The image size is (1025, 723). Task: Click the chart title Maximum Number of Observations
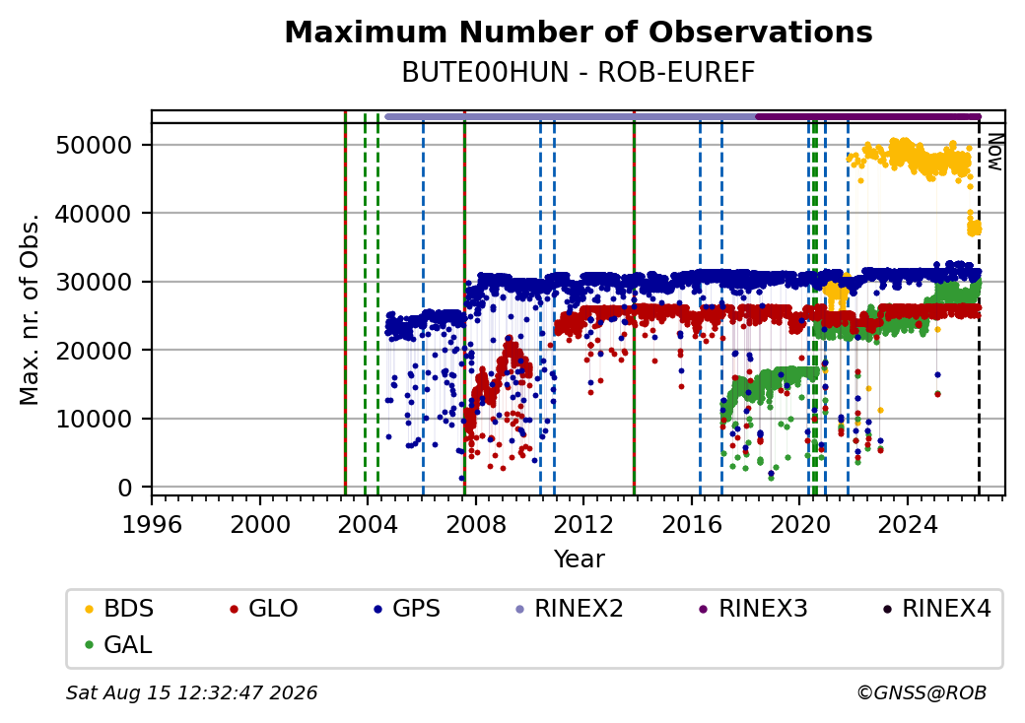pyautogui.click(x=579, y=32)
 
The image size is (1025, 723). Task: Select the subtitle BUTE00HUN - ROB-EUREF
pyautogui.click(x=579, y=73)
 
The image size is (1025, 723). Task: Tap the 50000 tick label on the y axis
pyautogui.click(x=95, y=145)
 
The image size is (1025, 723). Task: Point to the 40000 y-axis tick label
pyautogui.click(x=95, y=214)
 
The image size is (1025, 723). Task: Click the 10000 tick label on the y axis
pyautogui.click(x=95, y=420)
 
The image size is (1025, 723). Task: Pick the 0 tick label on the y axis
pyautogui.click(x=125, y=488)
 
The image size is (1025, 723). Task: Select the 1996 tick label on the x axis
pyautogui.click(x=153, y=524)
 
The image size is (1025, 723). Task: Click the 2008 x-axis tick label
pyautogui.click(x=476, y=524)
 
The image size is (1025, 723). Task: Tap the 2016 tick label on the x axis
pyautogui.click(x=692, y=524)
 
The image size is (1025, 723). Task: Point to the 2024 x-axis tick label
pyautogui.click(x=908, y=524)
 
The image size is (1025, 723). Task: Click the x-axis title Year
pyautogui.click(x=580, y=559)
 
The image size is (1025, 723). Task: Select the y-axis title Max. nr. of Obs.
pyautogui.click(x=30, y=309)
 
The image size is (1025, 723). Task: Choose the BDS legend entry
pyautogui.click(x=119, y=609)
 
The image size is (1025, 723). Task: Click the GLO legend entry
pyautogui.click(x=264, y=609)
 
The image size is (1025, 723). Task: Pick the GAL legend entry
pyautogui.click(x=118, y=644)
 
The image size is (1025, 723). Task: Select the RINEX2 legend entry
pyautogui.click(x=570, y=609)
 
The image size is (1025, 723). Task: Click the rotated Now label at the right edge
pyautogui.click(x=994, y=152)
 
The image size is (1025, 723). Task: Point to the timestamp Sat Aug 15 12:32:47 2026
pyautogui.click(x=192, y=692)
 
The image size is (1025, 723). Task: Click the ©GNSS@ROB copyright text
pyautogui.click(x=922, y=692)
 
